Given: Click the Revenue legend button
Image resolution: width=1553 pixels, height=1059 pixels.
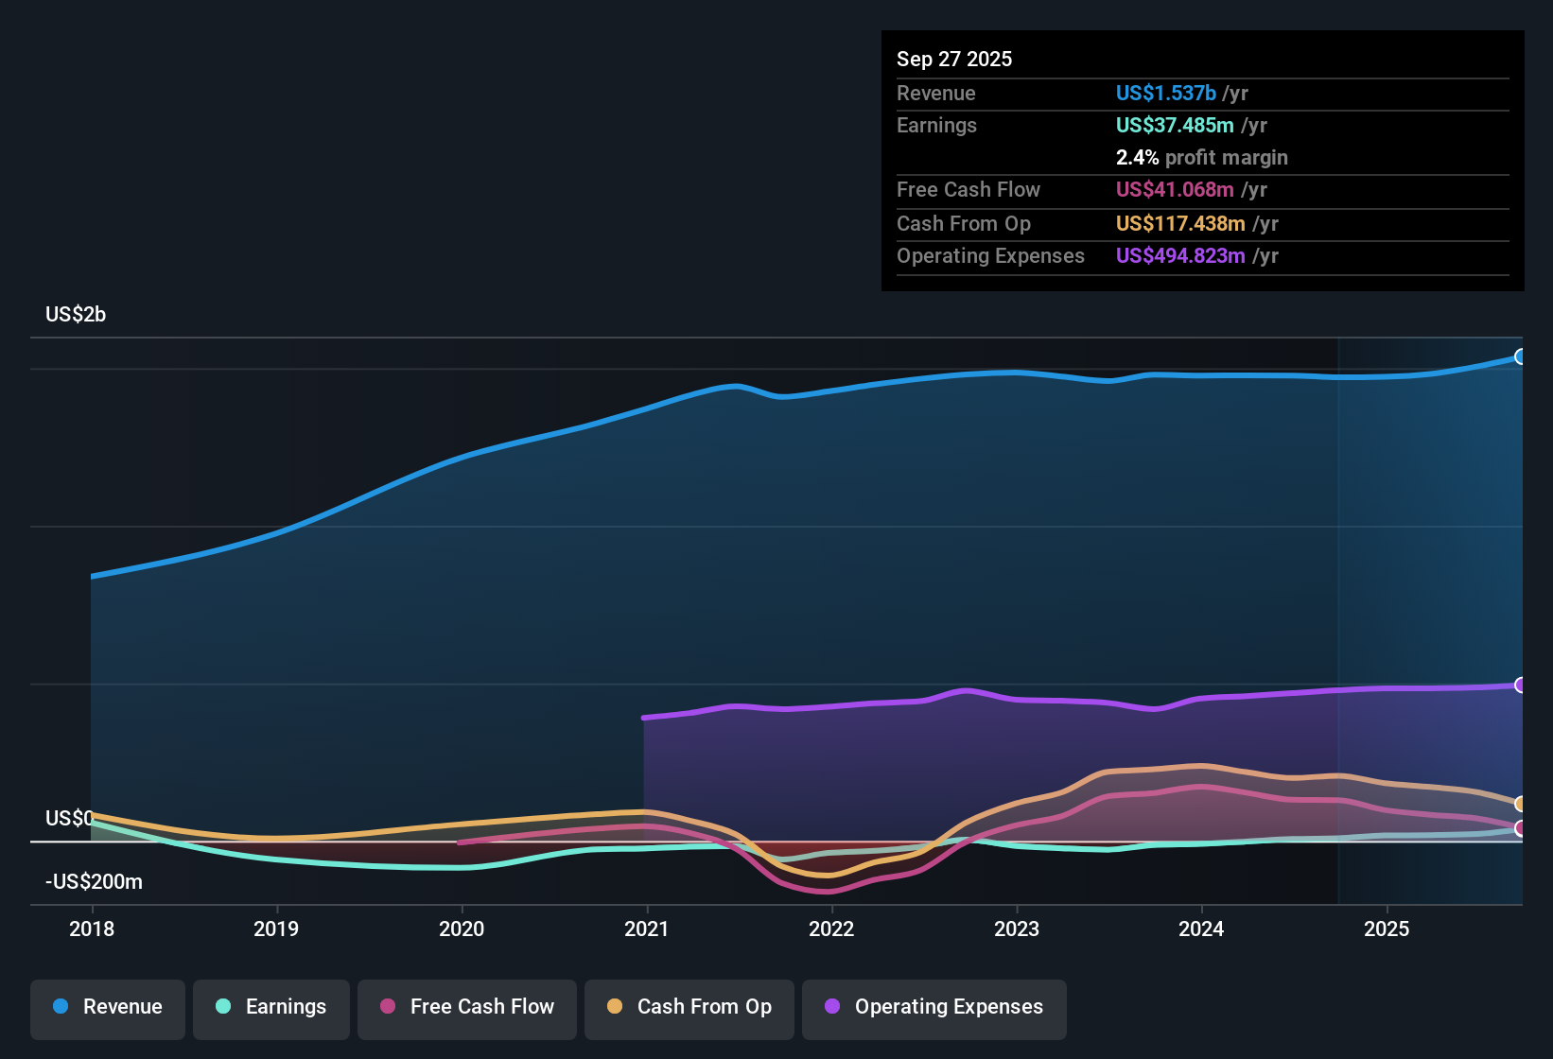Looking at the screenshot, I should pyautogui.click(x=108, y=1007).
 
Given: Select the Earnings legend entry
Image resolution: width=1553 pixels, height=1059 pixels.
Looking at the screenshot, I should pyautogui.click(x=271, y=1007).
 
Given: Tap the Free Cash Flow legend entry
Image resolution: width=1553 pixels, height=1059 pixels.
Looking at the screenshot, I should pyautogui.click(x=467, y=1007).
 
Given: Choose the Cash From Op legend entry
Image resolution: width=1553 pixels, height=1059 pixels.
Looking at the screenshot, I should pyautogui.click(x=689, y=1007).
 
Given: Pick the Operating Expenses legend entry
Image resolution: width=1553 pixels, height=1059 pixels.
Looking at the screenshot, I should pyautogui.click(x=934, y=1007).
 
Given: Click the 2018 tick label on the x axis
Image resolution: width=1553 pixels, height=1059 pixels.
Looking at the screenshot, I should pyautogui.click(x=92, y=929).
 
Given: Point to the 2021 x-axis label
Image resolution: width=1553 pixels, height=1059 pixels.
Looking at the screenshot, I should pyautogui.click(x=647, y=929).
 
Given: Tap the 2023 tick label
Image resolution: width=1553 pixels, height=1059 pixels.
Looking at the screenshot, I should pyautogui.click(x=1017, y=929).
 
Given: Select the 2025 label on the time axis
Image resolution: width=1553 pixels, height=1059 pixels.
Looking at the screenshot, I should pyautogui.click(x=1387, y=929).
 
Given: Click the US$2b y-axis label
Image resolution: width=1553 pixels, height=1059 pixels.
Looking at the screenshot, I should pyautogui.click(x=76, y=315).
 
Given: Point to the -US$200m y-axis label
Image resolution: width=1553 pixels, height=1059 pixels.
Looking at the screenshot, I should pyautogui.click(x=94, y=882).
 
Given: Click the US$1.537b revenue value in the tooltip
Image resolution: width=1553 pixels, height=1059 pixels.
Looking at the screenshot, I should pyautogui.click(x=1165, y=94).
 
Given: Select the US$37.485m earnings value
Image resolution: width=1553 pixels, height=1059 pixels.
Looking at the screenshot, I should pyautogui.click(x=1174, y=126).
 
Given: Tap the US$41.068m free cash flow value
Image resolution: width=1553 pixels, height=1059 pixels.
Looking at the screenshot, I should pyautogui.click(x=1174, y=190).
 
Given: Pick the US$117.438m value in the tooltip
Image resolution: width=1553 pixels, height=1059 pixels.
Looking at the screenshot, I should pyautogui.click(x=1179, y=224).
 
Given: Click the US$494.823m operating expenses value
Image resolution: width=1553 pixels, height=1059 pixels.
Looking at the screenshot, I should pyautogui.click(x=1179, y=256).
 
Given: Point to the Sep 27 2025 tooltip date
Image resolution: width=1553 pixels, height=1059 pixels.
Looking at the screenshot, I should pyautogui.click(x=954, y=60).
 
